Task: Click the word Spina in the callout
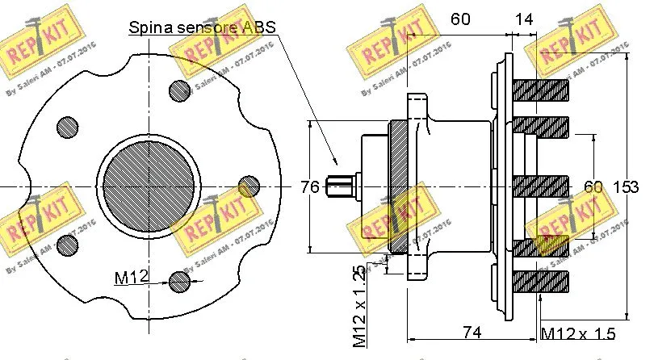click(149, 27)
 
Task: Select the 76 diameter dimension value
click(310, 187)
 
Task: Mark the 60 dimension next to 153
click(593, 187)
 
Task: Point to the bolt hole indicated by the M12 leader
click(181, 280)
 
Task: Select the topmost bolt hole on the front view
click(179, 90)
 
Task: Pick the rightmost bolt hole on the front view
click(249, 186)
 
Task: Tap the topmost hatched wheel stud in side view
click(542, 89)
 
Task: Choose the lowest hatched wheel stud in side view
click(542, 282)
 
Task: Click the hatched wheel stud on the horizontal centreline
click(542, 186)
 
